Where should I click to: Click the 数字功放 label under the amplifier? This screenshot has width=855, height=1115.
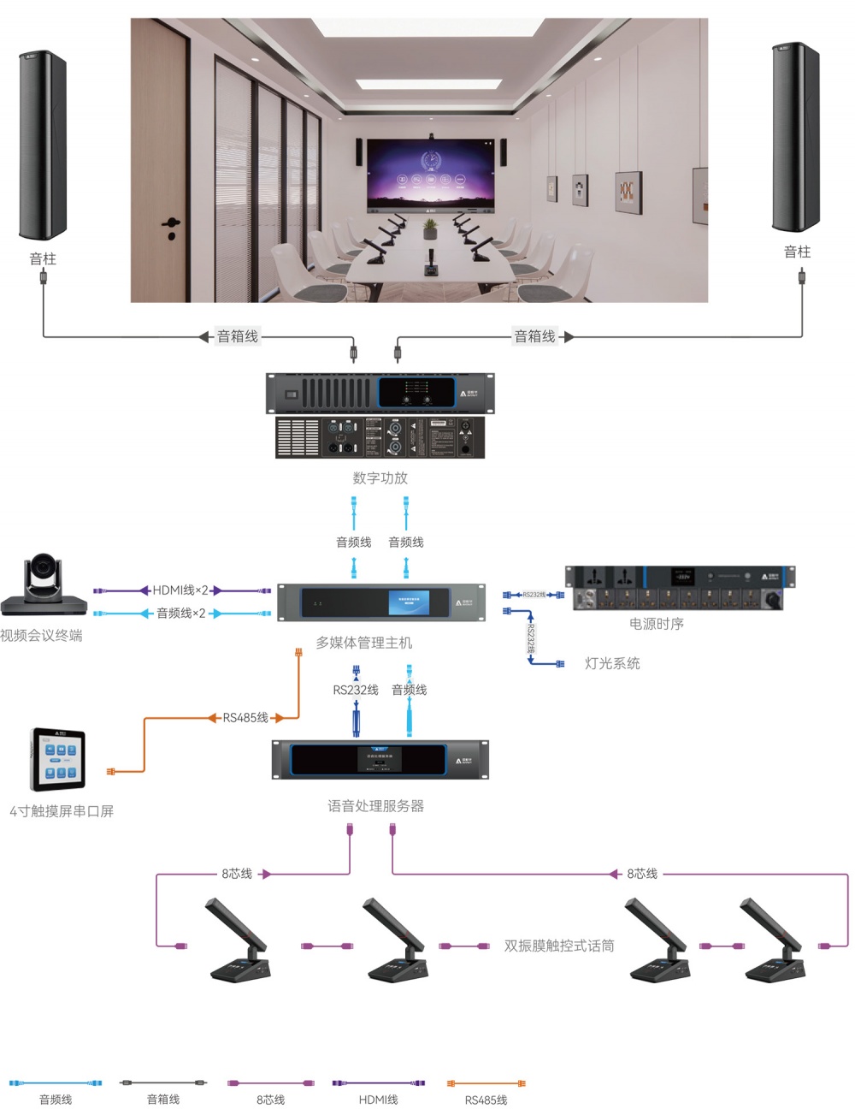coord(380,477)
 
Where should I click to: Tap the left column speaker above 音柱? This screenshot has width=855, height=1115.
coord(43,145)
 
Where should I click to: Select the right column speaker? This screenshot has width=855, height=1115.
coord(796,137)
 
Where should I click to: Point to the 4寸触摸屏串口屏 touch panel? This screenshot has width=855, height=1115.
coord(58,760)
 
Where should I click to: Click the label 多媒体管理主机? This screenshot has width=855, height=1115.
coord(363,642)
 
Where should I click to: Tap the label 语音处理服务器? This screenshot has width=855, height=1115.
coord(375,805)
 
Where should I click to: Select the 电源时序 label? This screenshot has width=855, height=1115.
coord(656,624)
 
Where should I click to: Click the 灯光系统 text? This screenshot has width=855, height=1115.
coord(611,663)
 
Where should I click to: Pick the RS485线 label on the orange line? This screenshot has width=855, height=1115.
coord(245,717)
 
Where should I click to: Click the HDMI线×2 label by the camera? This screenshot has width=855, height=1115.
coord(180,590)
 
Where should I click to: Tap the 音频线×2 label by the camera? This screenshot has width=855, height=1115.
coord(180,613)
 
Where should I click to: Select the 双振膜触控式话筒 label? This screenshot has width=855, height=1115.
coord(558,946)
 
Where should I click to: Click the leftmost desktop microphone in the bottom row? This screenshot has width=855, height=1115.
coord(239,941)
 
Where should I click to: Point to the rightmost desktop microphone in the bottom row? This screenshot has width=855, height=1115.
coord(773,941)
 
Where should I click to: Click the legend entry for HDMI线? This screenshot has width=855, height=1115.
coord(378,1099)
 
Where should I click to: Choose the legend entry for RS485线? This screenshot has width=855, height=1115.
coord(486,1100)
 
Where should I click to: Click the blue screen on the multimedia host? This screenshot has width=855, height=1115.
coord(409,602)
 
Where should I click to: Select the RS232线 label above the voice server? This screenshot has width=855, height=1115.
coord(355,690)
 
